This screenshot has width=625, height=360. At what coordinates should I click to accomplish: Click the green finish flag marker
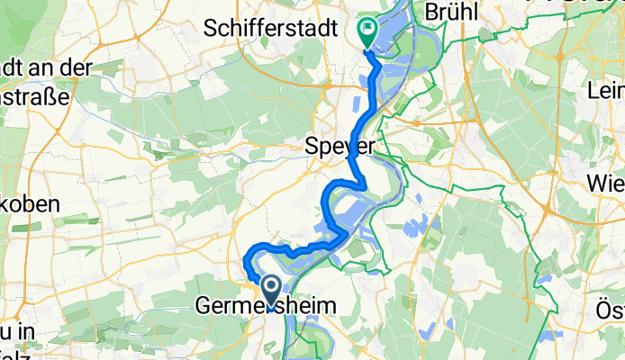(x=368, y=31)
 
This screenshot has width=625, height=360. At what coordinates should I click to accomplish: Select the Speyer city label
(x=340, y=145)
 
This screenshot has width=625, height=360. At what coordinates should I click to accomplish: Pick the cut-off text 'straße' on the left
(x=35, y=96)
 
